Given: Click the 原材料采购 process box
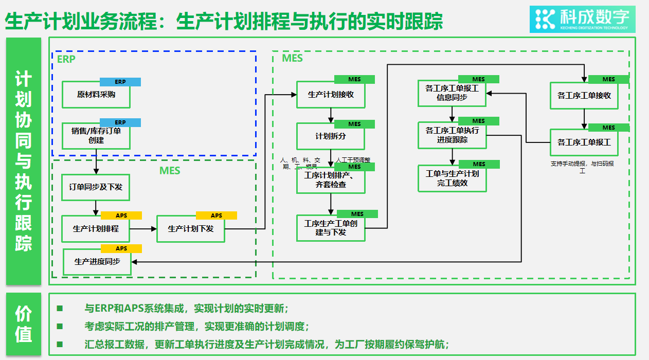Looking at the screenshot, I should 96,95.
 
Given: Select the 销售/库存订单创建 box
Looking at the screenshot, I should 96,136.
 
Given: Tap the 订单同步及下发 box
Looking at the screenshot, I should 96,187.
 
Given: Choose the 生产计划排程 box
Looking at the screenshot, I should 96,228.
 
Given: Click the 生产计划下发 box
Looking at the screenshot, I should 191,228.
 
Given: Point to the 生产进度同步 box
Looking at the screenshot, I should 97,262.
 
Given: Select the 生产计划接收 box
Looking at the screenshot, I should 331,95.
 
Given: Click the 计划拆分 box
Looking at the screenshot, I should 331,136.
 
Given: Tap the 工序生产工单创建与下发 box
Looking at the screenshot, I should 331,228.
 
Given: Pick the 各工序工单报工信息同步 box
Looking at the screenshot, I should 452,93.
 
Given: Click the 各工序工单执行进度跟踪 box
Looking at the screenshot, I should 452,135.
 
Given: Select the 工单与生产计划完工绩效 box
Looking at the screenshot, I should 452,178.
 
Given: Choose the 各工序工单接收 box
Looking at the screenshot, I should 584,96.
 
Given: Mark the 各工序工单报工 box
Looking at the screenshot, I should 584,142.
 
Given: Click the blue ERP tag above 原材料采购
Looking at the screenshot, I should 120,82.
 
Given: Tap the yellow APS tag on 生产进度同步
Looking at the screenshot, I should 121,248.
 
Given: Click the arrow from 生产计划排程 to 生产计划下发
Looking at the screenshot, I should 143,228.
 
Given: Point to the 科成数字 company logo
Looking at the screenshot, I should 582,19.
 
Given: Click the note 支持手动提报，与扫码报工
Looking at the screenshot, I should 582,167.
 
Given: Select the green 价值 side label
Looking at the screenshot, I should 24,324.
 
